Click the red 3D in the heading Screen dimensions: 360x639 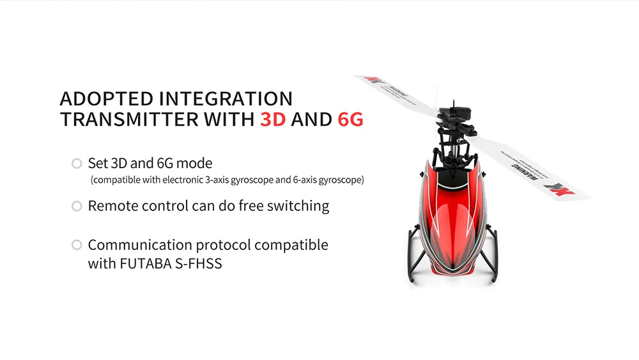[x=273, y=119]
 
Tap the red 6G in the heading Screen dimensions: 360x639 [x=350, y=119]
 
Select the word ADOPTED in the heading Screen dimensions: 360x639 [x=106, y=99]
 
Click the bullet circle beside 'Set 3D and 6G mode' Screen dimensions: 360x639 [x=77, y=164]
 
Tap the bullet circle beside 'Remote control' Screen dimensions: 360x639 [x=77, y=206]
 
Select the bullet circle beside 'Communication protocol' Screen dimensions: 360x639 [x=77, y=245]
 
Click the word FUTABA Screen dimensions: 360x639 [x=145, y=263]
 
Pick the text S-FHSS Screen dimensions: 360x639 [x=198, y=263]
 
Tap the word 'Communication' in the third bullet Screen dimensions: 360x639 [x=140, y=245]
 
